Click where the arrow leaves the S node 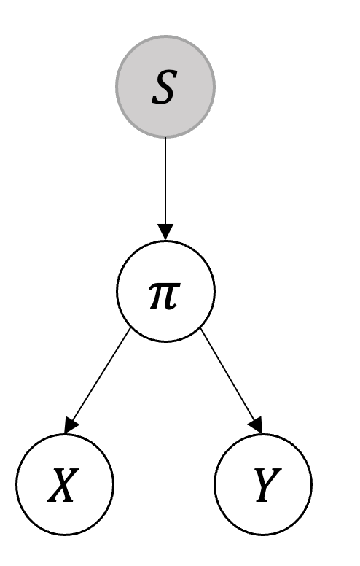165,138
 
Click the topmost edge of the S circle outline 165,38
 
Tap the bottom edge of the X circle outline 65,533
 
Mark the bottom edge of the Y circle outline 263,533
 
